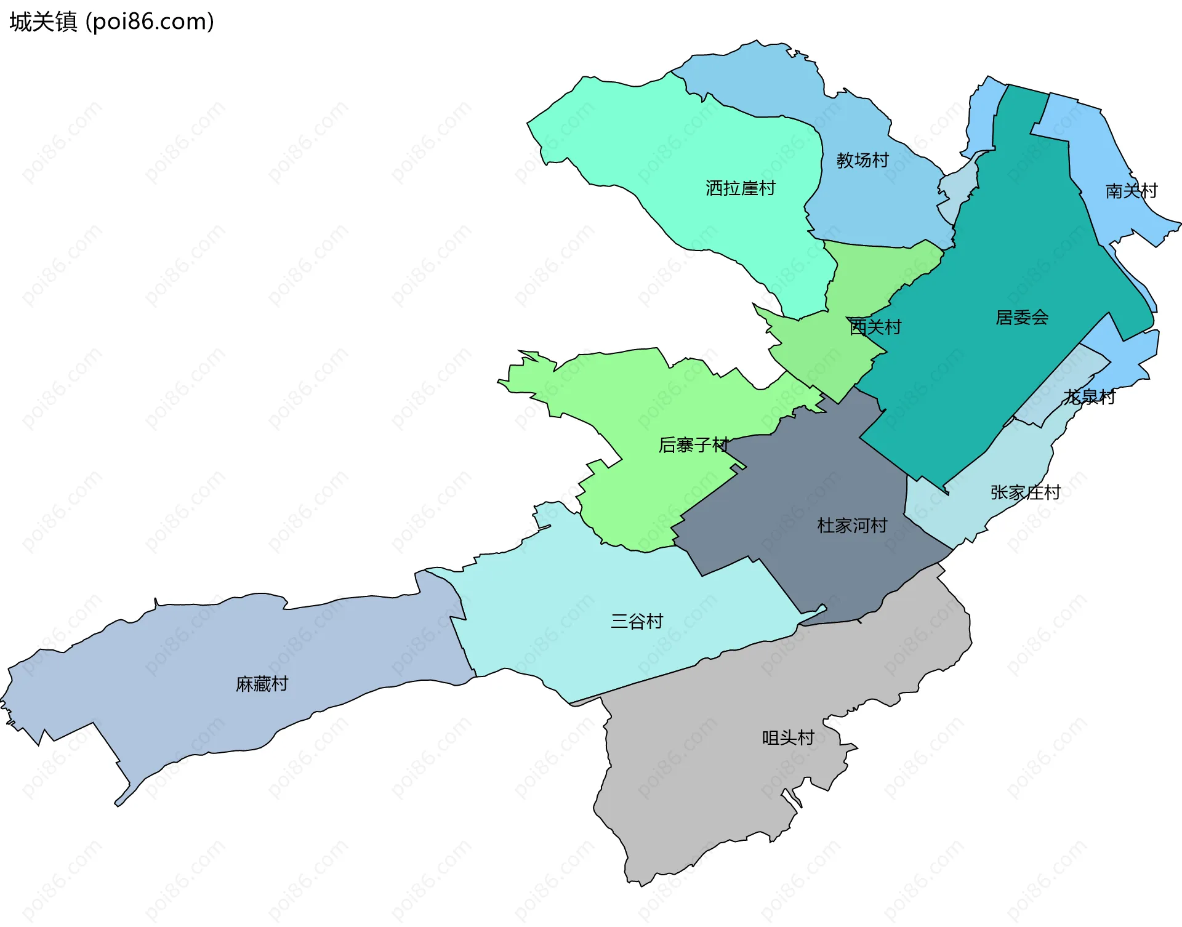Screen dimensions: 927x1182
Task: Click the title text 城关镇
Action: tap(43, 22)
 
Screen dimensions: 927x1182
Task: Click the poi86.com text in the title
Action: tap(150, 22)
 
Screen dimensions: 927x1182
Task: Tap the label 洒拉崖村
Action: tap(740, 188)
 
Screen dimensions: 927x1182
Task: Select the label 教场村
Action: tap(862, 161)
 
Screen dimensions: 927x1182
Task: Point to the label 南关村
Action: tap(1131, 191)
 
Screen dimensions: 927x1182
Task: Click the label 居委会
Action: tap(1022, 318)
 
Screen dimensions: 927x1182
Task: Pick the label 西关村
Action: tap(875, 327)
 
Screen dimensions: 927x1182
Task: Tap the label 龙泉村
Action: tap(1089, 397)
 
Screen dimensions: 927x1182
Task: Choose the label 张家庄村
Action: tap(1025, 492)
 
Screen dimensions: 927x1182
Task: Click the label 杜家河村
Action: tap(852, 526)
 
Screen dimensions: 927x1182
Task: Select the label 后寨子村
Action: tap(693, 444)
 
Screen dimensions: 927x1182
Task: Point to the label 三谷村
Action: tap(637, 621)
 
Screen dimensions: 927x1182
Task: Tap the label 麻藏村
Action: tap(262, 684)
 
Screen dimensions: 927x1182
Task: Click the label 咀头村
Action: tap(788, 737)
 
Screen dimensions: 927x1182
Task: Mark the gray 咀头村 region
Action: tap(708, 800)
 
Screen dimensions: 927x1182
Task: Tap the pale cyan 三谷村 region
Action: tap(554, 616)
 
